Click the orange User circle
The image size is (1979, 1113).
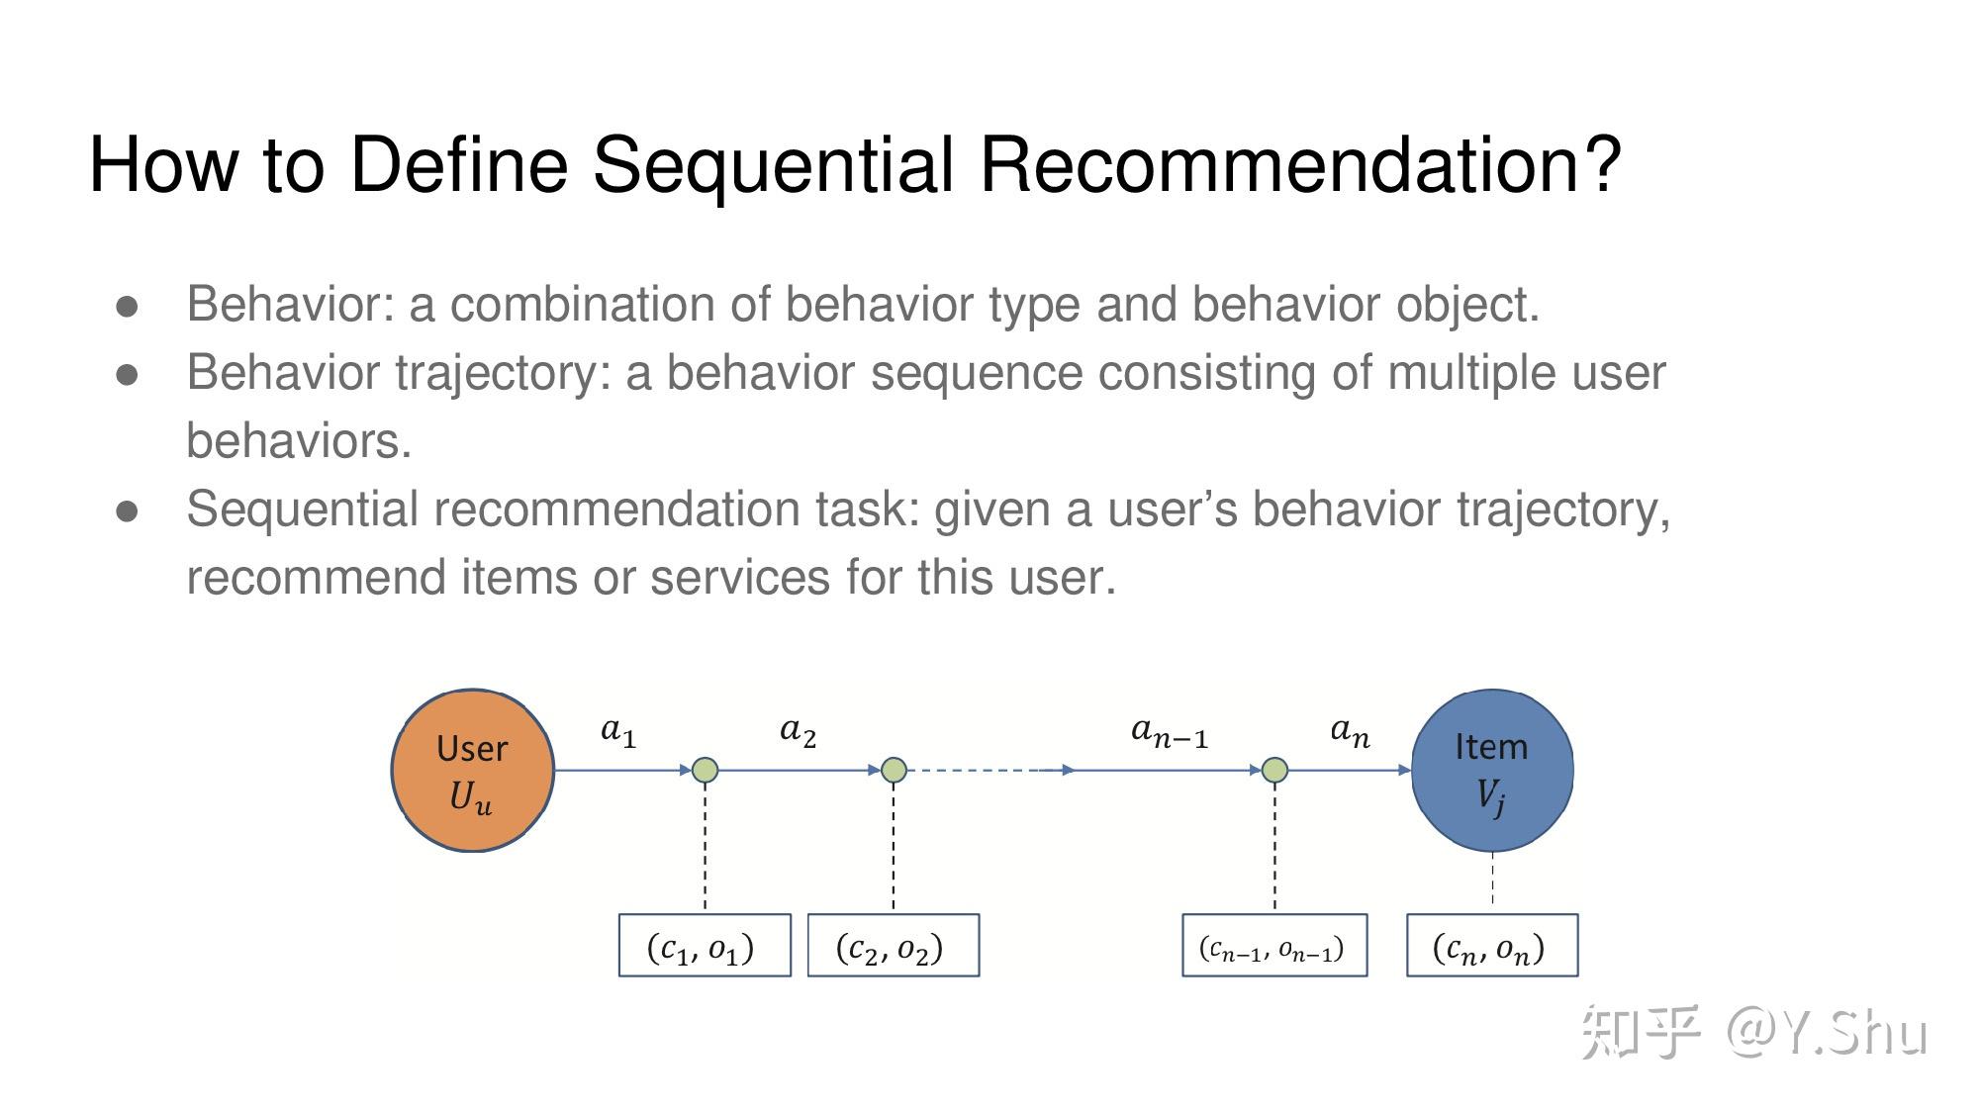(x=472, y=770)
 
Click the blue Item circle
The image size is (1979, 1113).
(x=1491, y=770)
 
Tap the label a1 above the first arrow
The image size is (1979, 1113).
(x=618, y=732)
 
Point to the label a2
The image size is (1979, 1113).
(x=798, y=732)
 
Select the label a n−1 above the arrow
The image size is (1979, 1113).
(x=1169, y=733)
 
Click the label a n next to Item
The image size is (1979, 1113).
(x=1350, y=733)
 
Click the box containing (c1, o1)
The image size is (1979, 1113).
(x=705, y=946)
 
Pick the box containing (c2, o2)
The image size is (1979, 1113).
(x=894, y=946)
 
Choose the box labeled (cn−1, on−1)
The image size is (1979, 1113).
(x=1274, y=946)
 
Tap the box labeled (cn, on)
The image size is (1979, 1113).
(x=1492, y=946)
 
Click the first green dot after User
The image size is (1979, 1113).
(x=705, y=770)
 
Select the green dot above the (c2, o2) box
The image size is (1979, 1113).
(x=894, y=770)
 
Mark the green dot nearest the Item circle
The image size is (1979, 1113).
(x=1274, y=770)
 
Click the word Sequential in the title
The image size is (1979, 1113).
(x=773, y=164)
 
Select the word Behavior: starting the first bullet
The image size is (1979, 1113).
(x=290, y=305)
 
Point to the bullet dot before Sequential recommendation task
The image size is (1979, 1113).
(x=127, y=511)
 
